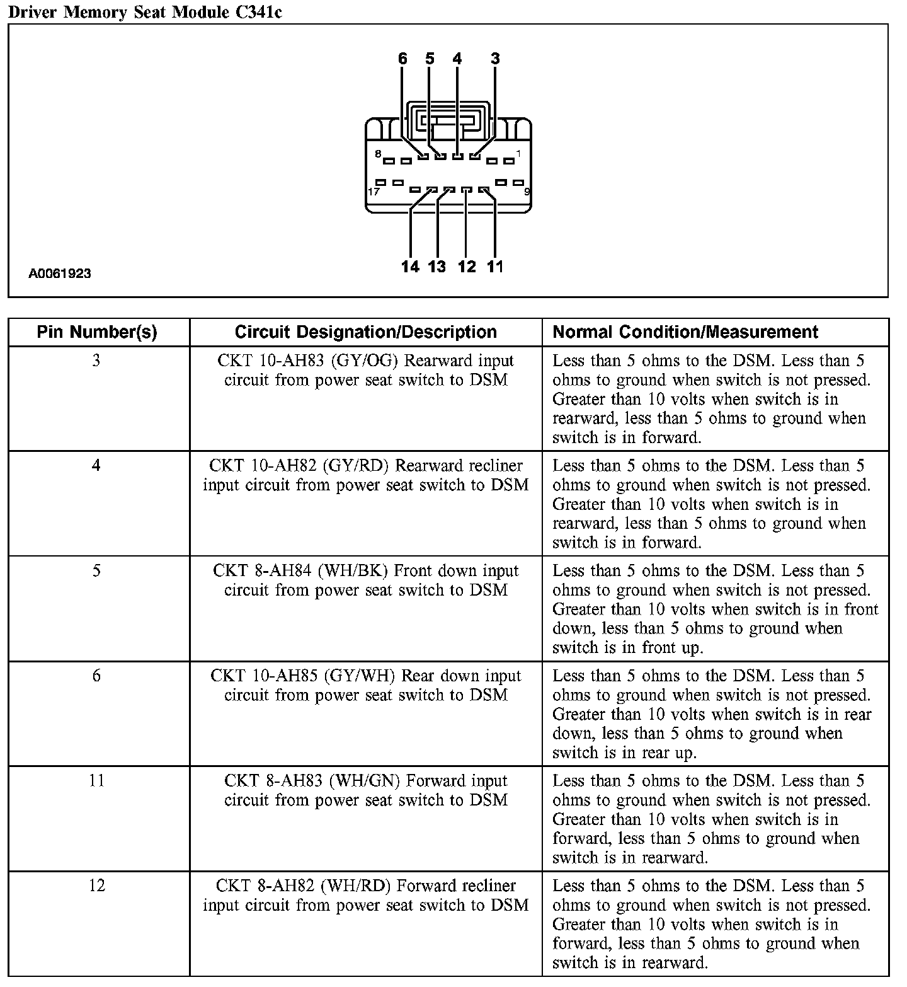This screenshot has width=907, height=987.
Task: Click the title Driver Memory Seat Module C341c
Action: tap(145, 11)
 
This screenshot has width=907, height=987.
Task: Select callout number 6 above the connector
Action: tap(402, 59)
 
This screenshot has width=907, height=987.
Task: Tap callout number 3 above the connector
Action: tap(495, 59)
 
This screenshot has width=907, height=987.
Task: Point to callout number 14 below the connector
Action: tap(410, 267)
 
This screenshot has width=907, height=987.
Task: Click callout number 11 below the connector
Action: tap(495, 267)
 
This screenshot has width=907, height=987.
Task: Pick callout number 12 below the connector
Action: tap(467, 267)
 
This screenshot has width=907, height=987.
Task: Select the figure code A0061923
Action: tap(60, 274)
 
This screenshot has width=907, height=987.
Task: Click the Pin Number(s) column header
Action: tap(97, 332)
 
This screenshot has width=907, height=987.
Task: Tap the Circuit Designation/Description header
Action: tap(365, 332)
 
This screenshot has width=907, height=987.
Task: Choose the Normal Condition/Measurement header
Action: tap(685, 332)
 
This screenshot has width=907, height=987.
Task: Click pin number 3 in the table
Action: tap(96, 361)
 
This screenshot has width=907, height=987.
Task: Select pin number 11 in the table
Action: tap(96, 781)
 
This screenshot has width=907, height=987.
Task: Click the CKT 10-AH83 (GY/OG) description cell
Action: tap(365, 371)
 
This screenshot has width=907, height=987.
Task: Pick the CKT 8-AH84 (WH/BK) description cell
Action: tap(365, 580)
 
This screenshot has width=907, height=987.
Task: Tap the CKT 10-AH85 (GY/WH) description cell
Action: tap(365, 685)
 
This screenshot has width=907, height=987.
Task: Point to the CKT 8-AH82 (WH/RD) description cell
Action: tap(365, 896)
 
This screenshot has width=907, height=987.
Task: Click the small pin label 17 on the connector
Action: tap(374, 192)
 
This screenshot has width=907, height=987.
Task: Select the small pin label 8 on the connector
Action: tap(378, 153)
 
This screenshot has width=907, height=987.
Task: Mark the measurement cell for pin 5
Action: tap(714, 609)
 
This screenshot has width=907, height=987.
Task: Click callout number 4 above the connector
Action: tap(457, 59)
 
